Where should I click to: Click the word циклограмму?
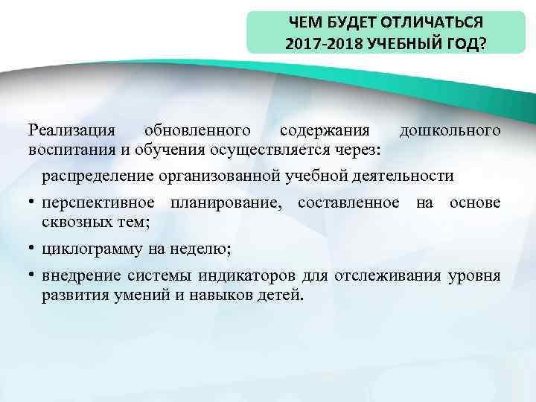tap(97, 248)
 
